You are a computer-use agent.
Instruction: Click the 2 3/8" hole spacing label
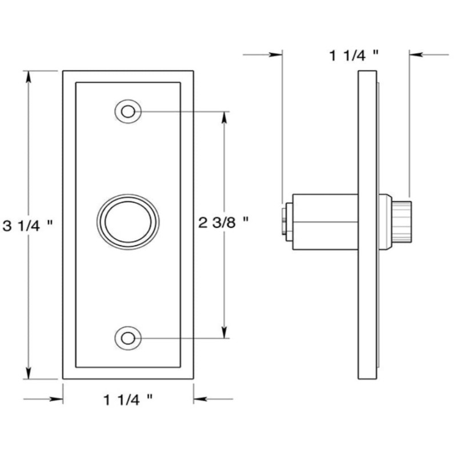tap(223, 222)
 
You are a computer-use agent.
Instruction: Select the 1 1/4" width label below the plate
tap(128, 399)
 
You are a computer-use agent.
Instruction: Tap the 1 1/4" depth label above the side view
tap(354, 55)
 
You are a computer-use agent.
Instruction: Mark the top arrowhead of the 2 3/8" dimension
tap(223, 117)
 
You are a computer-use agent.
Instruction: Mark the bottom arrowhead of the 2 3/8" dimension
tap(223, 332)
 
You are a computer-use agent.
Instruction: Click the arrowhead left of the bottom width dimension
tap(57, 399)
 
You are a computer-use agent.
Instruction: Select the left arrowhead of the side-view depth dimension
tap(277, 55)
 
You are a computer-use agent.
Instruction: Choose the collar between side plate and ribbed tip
tap(386, 221)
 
